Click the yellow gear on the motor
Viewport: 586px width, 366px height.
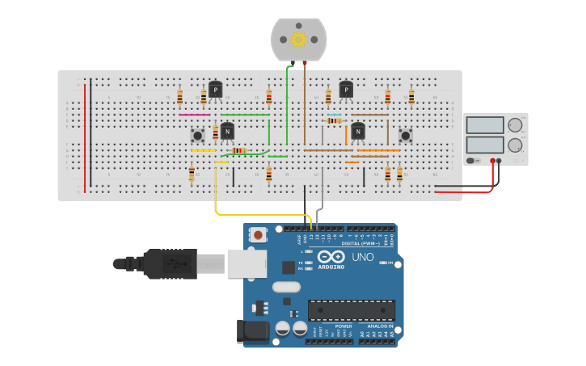[x=298, y=39]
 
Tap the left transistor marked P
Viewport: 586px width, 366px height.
[x=215, y=90]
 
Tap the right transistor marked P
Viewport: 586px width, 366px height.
[x=346, y=90]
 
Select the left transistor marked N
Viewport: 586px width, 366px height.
[x=227, y=132]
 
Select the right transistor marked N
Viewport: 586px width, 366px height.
[x=357, y=131]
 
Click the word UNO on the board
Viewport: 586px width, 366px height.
[x=363, y=257]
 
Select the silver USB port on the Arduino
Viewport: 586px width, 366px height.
[x=247, y=263]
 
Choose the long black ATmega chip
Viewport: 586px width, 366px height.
[x=352, y=310]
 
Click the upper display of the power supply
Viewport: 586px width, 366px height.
[x=486, y=125]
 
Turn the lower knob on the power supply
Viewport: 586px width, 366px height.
[x=515, y=145]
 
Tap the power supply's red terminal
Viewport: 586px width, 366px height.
[x=492, y=161]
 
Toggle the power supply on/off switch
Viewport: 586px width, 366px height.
[x=473, y=161]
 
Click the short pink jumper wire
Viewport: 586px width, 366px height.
[x=195, y=115]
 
